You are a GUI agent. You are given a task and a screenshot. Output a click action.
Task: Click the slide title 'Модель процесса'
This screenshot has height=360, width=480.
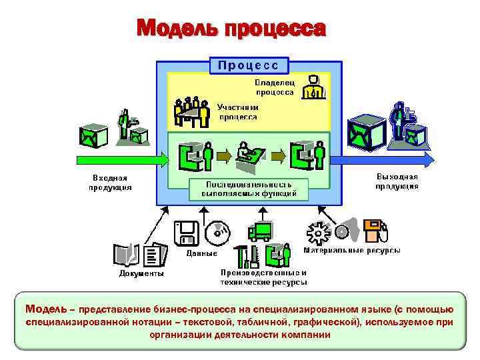pos(231,29)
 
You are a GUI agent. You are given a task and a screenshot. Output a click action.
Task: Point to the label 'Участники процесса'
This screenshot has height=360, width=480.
pos(238,111)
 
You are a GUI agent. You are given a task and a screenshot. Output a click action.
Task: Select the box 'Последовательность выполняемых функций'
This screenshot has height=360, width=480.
pos(249,189)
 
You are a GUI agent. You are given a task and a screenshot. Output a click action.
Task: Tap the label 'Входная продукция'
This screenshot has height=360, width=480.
pos(109,182)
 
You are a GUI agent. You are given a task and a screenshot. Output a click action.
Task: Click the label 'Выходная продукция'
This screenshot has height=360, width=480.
pos(397,181)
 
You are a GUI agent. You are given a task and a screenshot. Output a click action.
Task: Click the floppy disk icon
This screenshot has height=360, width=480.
pos(185,233)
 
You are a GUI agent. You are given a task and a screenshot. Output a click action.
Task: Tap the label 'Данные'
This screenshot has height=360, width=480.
pos(201,253)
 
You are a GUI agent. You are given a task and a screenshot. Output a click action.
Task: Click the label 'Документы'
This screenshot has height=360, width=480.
pos(141,273)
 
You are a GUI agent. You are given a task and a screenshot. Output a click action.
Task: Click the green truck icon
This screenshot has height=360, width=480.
pos(259,231)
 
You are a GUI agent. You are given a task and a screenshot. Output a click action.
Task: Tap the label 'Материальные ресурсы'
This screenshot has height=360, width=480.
pos(352,251)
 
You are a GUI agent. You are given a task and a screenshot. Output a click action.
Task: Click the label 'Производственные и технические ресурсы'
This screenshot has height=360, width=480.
pos(263,277)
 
